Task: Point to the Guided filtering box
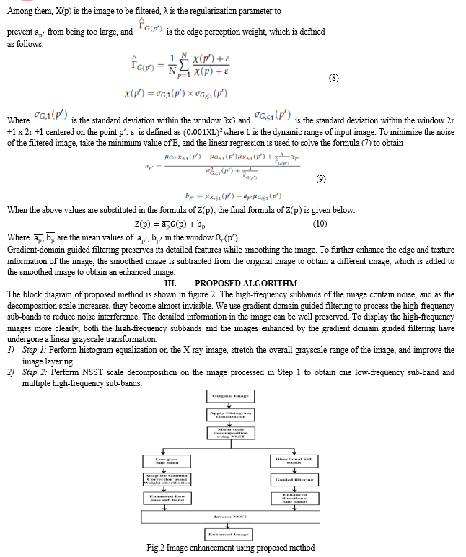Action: tap(294, 478)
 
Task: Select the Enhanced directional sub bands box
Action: tap(294, 499)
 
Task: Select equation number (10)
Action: tap(320, 224)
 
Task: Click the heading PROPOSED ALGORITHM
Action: tap(245, 284)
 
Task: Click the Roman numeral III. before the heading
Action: tap(172, 284)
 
